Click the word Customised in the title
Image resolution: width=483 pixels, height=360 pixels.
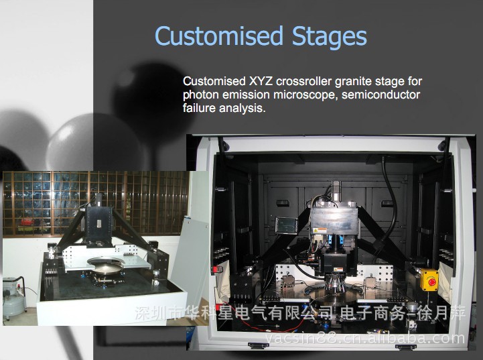coord(219,36)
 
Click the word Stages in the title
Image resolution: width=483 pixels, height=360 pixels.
coord(330,38)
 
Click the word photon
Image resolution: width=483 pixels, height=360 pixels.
coord(201,95)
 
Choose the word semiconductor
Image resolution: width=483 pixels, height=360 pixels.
coord(381,95)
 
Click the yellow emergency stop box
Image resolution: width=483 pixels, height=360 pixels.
coord(429,280)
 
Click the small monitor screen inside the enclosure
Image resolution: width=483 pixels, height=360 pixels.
coord(287,225)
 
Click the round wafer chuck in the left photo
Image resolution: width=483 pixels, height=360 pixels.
coord(105,265)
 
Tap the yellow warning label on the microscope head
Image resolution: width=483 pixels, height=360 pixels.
coord(321,230)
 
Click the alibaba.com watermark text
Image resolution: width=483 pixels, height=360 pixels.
coord(364,339)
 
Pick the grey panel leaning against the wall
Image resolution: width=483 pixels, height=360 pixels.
coord(190,255)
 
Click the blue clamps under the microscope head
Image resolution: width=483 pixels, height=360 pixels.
coord(336,240)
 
